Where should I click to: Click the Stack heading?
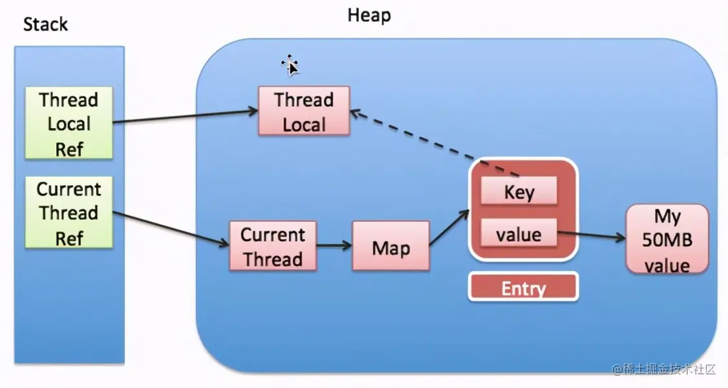pyautogui.click(x=45, y=25)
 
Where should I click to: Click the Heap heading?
pyautogui.click(x=369, y=16)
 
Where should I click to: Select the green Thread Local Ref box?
pyautogui.click(x=69, y=124)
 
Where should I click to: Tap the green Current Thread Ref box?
pyautogui.click(x=69, y=213)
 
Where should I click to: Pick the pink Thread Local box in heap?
pyautogui.click(x=304, y=111)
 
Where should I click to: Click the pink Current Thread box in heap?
pyautogui.click(x=272, y=246)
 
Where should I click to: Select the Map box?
pyautogui.click(x=391, y=247)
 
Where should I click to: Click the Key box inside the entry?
pyautogui.click(x=519, y=192)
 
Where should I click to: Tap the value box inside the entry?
pyautogui.click(x=518, y=234)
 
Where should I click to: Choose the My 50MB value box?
pyautogui.click(x=667, y=241)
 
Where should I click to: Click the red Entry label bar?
pyautogui.click(x=523, y=288)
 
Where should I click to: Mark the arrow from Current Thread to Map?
pyautogui.click(x=334, y=246)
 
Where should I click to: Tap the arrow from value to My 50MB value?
pyautogui.click(x=591, y=237)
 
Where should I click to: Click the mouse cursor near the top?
pyautogui.click(x=290, y=65)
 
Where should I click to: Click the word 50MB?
pyautogui.click(x=667, y=241)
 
